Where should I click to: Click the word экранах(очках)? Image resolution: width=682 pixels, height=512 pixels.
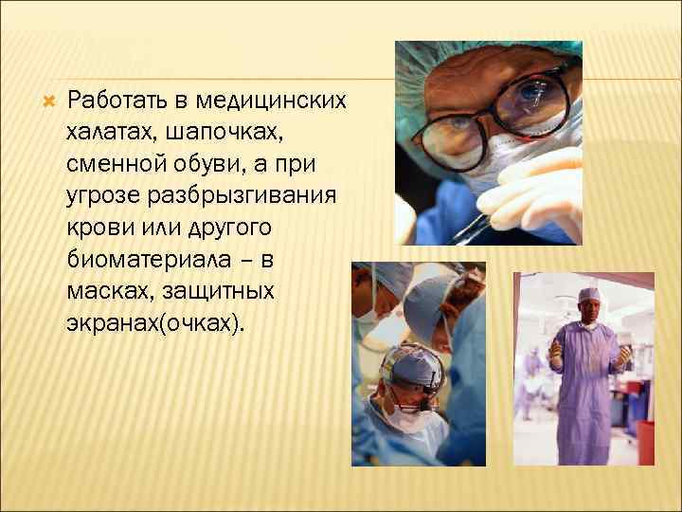coord(155,325)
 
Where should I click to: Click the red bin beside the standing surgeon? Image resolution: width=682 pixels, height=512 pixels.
coord(645,442)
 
